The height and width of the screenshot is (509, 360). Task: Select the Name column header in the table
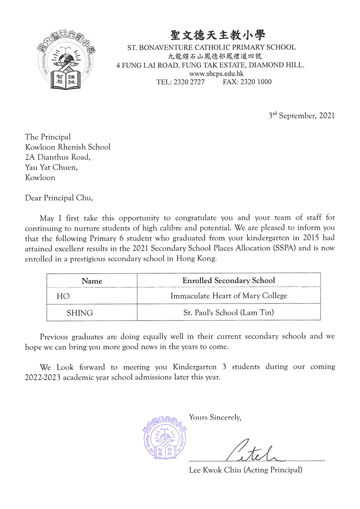[91, 281]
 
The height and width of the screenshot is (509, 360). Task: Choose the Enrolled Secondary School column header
[228, 280]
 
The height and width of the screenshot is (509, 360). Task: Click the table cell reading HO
[63, 296]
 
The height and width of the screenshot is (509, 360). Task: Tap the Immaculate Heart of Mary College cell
[229, 296]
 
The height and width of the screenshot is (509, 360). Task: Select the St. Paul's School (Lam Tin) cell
[229, 313]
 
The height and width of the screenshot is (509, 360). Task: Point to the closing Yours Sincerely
[215, 417]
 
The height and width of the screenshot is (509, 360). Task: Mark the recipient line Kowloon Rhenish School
[68, 147]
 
